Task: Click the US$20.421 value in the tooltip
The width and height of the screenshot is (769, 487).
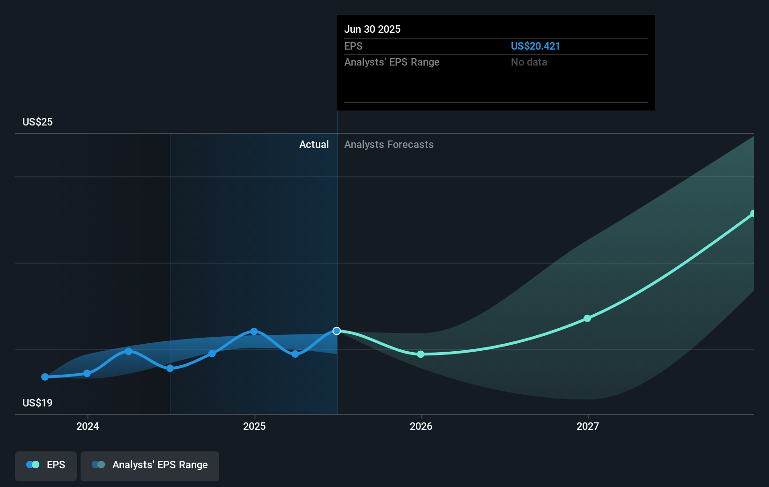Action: (x=535, y=46)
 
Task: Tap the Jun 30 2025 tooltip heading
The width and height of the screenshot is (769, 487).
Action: (x=372, y=29)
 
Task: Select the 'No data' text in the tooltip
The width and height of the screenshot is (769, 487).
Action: (x=529, y=62)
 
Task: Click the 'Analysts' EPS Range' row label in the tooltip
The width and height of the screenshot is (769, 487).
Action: (x=392, y=62)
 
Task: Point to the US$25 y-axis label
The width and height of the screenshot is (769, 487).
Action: (x=37, y=122)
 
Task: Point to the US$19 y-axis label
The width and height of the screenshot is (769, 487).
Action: (x=37, y=403)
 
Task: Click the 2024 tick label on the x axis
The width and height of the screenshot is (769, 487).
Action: (x=88, y=426)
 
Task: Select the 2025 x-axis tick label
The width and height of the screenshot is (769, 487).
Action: (x=254, y=426)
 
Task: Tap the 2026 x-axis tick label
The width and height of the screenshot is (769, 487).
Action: (x=421, y=426)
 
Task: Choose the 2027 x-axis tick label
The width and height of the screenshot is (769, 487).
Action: (x=588, y=426)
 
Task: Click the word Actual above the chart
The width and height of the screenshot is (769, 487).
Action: (x=314, y=144)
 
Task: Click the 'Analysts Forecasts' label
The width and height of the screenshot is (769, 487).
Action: (x=389, y=144)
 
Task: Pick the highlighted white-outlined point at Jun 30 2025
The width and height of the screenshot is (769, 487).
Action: (x=337, y=331)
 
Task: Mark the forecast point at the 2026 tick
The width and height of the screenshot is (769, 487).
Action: (x=421, y=354)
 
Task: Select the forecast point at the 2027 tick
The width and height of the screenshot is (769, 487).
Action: (x=587, y=318)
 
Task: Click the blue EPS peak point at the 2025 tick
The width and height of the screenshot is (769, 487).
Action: (x=254, y=331)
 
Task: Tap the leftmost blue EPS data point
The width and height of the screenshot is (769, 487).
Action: (x=45, y=377)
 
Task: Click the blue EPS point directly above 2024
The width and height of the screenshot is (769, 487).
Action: (x=87, y=373)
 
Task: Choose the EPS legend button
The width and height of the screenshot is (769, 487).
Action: (x=46, y=465)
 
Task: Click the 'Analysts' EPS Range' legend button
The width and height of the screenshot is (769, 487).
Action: (x=150, y=465)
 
